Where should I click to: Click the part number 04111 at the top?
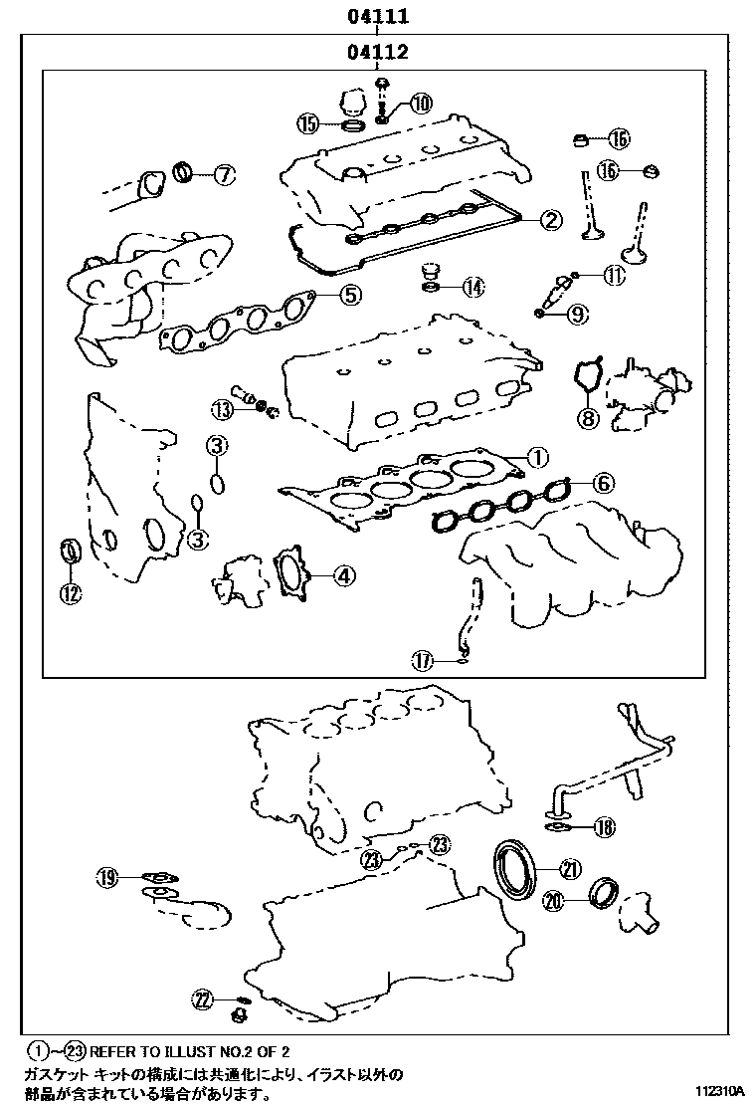378,17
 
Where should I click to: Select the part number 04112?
378,51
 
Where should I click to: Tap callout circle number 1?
535,457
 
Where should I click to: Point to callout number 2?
551,221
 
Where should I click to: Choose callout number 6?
603,484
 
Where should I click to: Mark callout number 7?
224,175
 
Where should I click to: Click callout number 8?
588,418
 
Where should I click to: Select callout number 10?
421,103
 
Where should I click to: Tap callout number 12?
70,594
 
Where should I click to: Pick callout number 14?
472,288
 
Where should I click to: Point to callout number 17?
424,659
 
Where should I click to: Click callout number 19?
107,877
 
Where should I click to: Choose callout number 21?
569,869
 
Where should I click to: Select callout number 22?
203,998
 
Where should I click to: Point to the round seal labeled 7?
185,173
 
